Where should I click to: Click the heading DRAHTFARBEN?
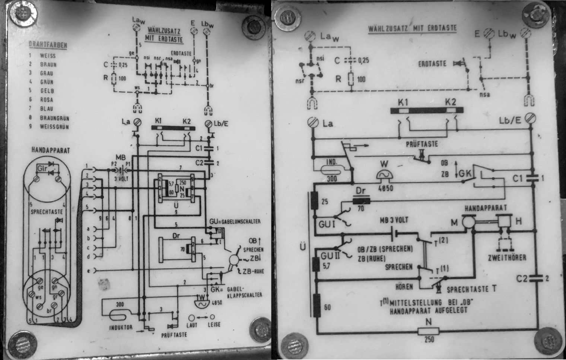click(x=48, y=45)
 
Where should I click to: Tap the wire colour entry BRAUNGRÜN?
click(x=54, y=118)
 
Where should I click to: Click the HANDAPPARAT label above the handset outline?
click(x=46, y=150)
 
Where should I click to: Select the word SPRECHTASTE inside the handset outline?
click(x=46, y=212)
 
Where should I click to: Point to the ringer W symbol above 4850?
click(x=385, y=176)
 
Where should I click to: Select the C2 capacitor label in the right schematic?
click(x=523, y=278)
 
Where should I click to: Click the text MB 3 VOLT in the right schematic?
click(x=394, y=220)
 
